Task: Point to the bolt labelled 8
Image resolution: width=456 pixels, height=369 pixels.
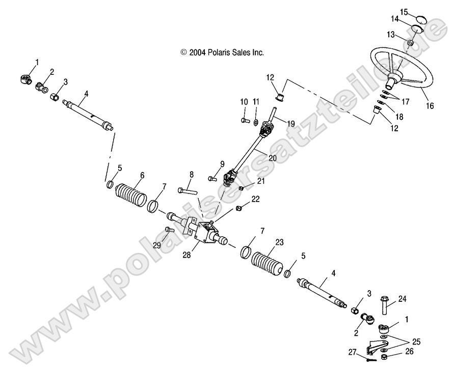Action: (x=187, y=191)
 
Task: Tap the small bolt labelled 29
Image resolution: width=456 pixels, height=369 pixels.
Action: (x=170, y=230)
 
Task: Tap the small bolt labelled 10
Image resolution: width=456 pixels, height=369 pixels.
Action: (x=244, y=121)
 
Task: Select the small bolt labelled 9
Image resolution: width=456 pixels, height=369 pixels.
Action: (x=211, y=179)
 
